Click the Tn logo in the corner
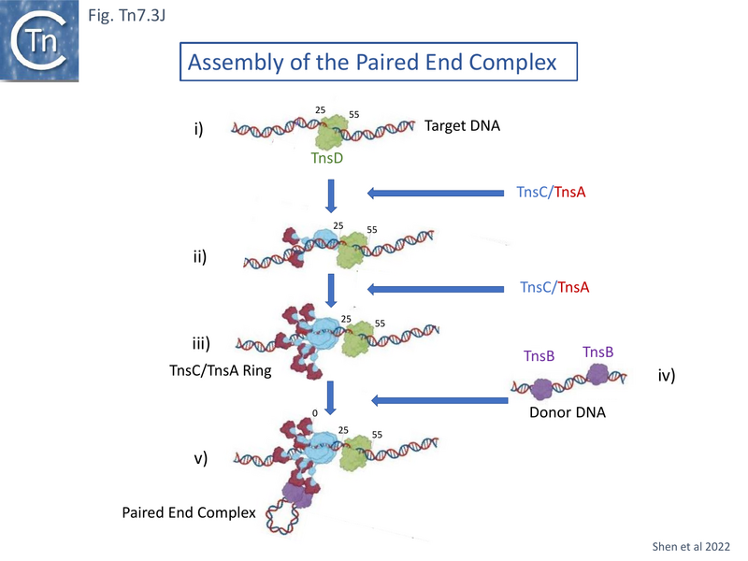pyautogui.click(x=39, y=39)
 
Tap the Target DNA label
pyautogui.click(x=462, y=125)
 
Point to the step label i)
pyautogui.click(x=198, y=129)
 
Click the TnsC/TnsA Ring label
pyautogui.click(x=208, y=371)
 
